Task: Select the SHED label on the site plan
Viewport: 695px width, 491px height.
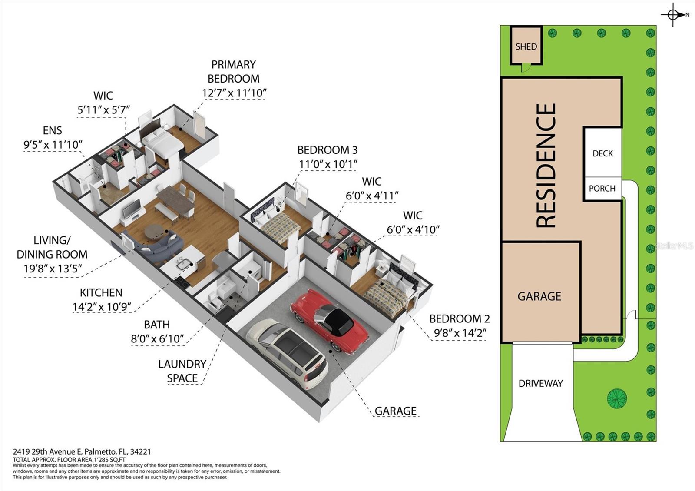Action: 526,46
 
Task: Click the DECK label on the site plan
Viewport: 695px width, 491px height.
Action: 602,153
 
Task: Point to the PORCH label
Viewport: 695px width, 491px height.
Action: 602,189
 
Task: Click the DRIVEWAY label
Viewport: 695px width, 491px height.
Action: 540,383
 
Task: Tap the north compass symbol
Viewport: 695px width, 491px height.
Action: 673,15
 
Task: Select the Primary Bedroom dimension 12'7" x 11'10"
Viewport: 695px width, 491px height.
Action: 234,93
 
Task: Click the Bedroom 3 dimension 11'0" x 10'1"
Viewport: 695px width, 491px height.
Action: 328,164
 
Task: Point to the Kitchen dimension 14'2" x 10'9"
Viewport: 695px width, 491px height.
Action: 101,307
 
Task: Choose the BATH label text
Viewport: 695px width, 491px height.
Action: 157,325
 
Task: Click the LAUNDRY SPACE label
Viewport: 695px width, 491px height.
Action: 182,371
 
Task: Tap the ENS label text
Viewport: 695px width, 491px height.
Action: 52,130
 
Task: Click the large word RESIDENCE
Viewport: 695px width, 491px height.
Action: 546,165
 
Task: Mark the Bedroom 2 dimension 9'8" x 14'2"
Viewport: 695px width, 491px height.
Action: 460,333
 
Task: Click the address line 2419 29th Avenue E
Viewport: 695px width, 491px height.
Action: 82,452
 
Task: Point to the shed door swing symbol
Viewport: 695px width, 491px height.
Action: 525,67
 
